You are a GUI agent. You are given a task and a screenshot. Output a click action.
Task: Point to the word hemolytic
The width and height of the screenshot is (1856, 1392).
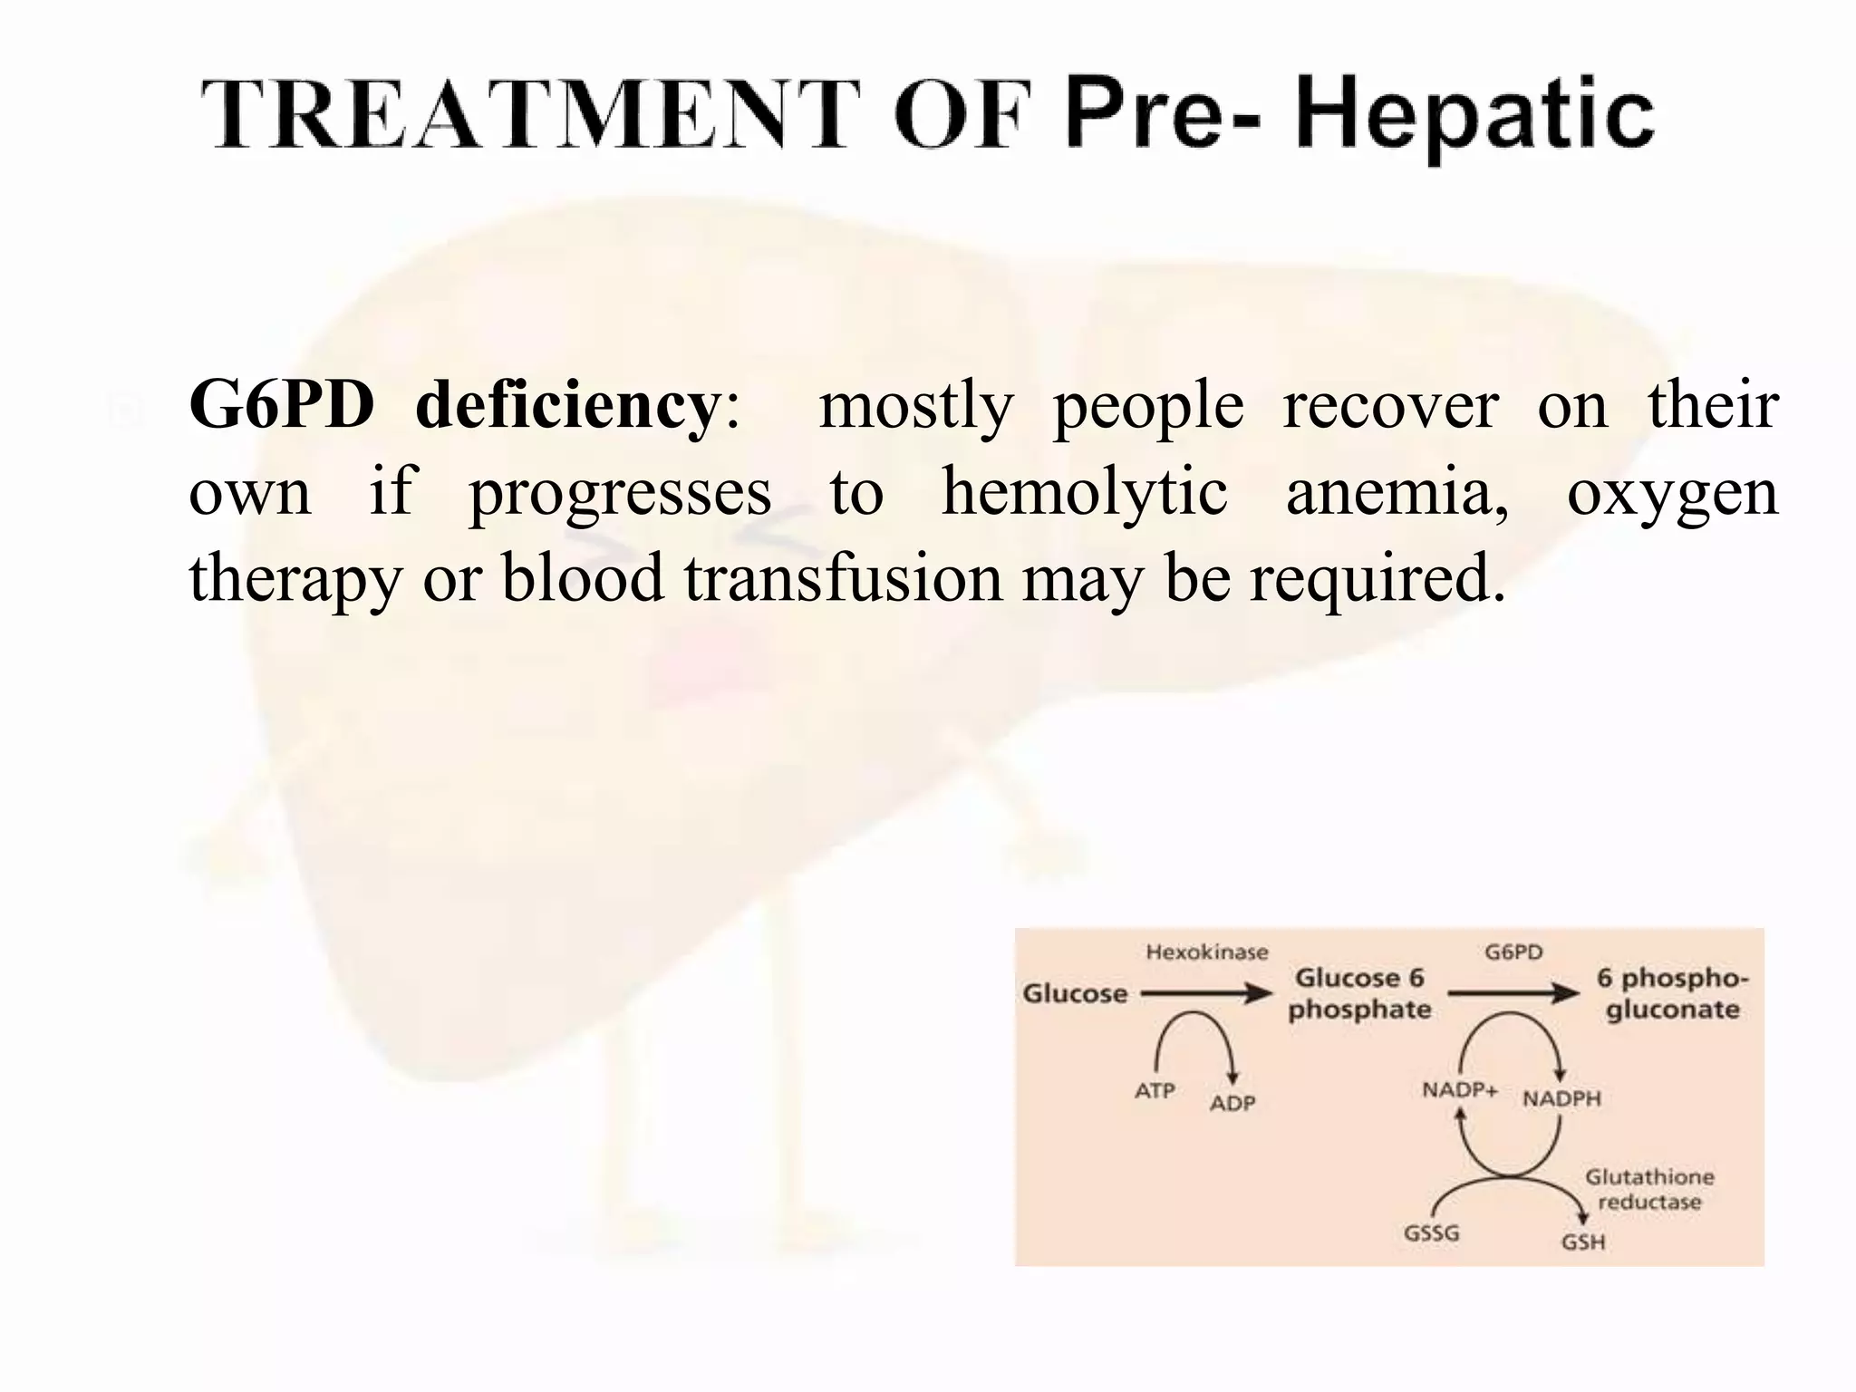click(1084, 492)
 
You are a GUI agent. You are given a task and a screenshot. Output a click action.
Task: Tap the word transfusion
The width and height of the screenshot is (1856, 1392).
click(843, 578)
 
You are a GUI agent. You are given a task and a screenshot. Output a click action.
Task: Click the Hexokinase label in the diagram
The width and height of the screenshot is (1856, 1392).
click(1207, 952)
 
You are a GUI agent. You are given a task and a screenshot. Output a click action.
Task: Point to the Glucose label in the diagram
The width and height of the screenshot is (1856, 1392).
click(1075, 994)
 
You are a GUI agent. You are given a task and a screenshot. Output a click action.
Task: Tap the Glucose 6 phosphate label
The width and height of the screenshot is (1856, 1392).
click(1359, 993)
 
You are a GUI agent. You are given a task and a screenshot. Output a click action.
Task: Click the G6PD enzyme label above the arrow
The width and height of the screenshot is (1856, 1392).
click(1513, 952)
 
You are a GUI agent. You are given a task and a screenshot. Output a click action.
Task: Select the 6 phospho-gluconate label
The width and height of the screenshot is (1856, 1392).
click(1672, 993)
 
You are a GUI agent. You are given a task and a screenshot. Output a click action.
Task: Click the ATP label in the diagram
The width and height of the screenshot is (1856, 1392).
click(1155, 1091)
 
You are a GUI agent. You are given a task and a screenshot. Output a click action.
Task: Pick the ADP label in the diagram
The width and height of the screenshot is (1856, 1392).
click(1232, 1103)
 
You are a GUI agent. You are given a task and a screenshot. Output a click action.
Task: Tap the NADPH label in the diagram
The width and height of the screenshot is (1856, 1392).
click(1561, 1099)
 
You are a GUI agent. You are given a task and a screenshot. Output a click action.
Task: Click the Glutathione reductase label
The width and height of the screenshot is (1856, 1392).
click(1649, 1189)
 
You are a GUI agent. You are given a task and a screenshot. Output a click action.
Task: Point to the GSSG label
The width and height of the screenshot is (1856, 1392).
click(1431, 1233)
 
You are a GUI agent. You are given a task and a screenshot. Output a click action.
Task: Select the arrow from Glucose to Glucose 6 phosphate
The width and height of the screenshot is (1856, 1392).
click(1205, 994)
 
